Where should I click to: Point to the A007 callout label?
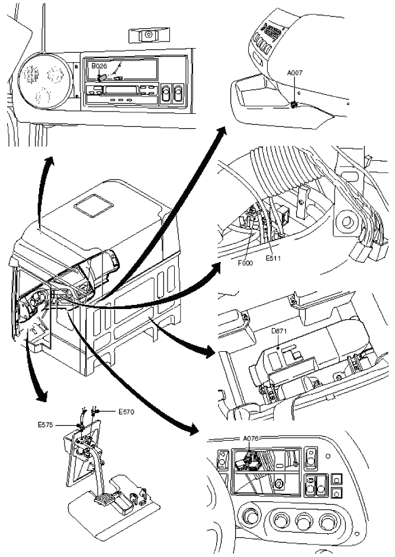point(294,72)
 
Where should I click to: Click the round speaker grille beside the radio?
point(41,77)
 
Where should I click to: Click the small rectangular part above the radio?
point(144,36)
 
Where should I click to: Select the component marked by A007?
point(294,105)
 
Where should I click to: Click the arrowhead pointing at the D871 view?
point(209,354)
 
